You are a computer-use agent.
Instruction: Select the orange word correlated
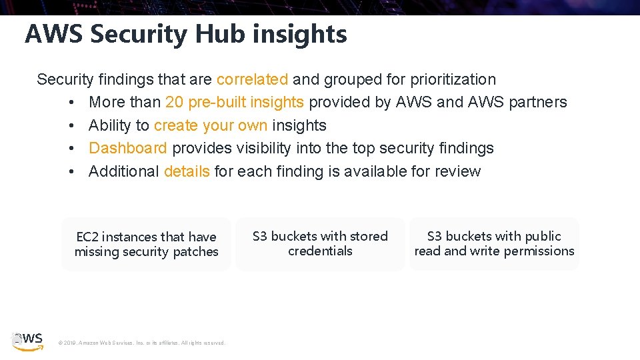(252, 79)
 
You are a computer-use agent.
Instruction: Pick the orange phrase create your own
(211, 125)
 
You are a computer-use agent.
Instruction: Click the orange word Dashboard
(128, 148)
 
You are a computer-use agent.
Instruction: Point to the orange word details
(187, 171)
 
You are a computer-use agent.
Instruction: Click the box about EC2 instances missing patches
(146, 244)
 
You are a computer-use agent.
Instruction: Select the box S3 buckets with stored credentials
(320, 244)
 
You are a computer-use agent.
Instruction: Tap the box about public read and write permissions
(494, 244)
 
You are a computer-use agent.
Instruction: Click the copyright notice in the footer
(142, 343)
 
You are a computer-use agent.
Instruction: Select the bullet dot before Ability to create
(70, 126)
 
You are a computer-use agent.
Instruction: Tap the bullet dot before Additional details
(70, 172)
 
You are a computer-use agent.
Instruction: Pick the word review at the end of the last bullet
(457, 171)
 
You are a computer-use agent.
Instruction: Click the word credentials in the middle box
(320, 251)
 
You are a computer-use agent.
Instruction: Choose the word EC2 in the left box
(87, 237)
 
